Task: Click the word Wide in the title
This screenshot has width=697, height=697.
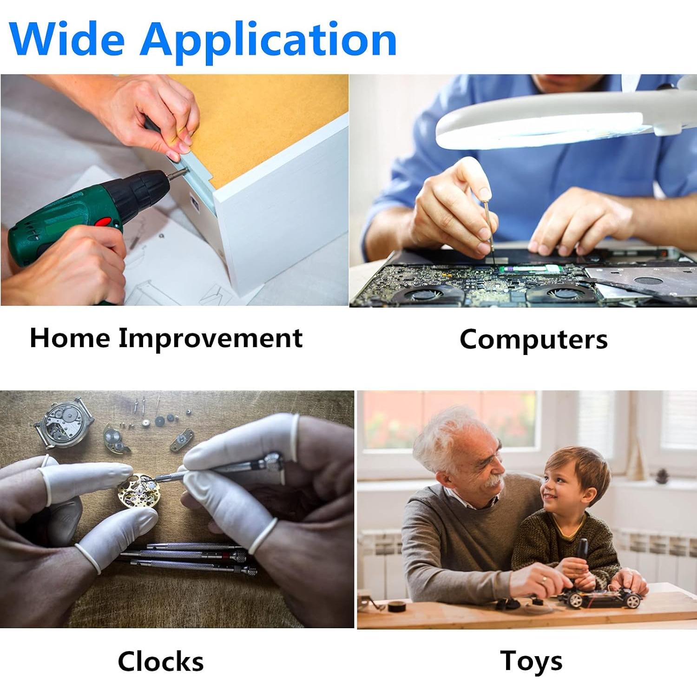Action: (67, 39)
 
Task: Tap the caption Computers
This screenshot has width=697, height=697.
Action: (533, 340)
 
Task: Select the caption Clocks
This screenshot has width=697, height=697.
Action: (161, 661)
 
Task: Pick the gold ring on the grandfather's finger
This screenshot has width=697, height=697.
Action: (545, 579)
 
